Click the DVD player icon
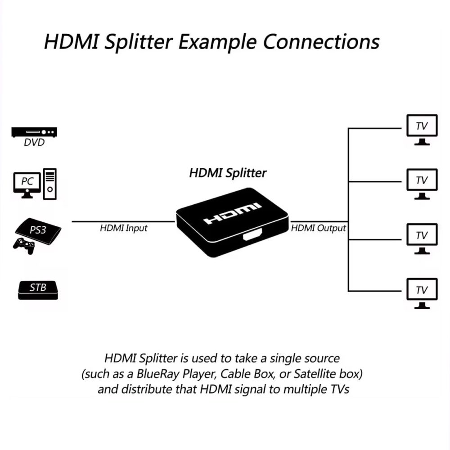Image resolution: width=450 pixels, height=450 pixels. (x=34, y=132)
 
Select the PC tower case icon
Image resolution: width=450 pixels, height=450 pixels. (x=50, y=184)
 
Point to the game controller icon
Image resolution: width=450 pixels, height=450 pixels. (x=24, y=246)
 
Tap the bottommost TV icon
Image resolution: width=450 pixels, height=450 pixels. (x=422, y=292)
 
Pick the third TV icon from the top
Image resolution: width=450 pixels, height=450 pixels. (x=422, y=238)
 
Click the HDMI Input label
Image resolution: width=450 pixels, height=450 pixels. (x=123, y=229)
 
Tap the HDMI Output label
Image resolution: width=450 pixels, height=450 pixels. (x=319, y=229)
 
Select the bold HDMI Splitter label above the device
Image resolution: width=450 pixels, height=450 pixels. (x=228, y=173)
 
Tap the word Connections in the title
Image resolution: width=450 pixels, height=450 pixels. (x=321, y=42)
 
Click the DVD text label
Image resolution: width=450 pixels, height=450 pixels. (x=34, y=143)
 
